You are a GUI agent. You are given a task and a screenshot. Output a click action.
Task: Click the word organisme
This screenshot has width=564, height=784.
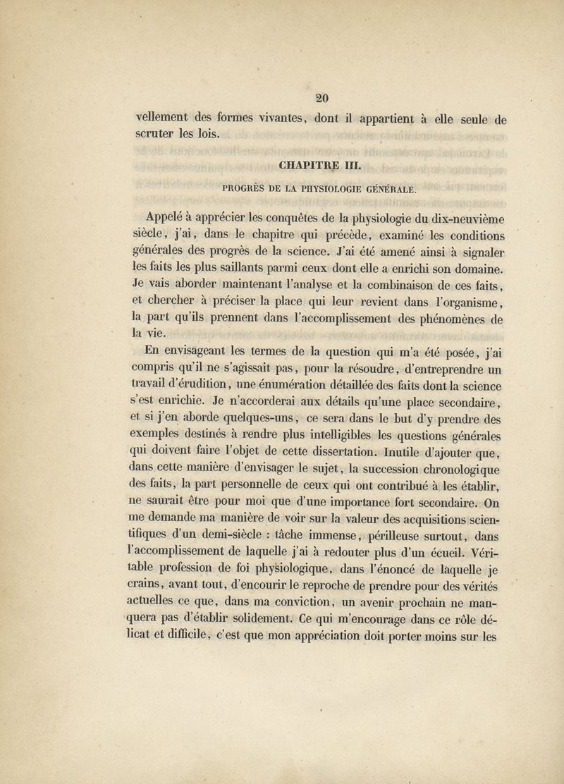pos(462,301)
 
